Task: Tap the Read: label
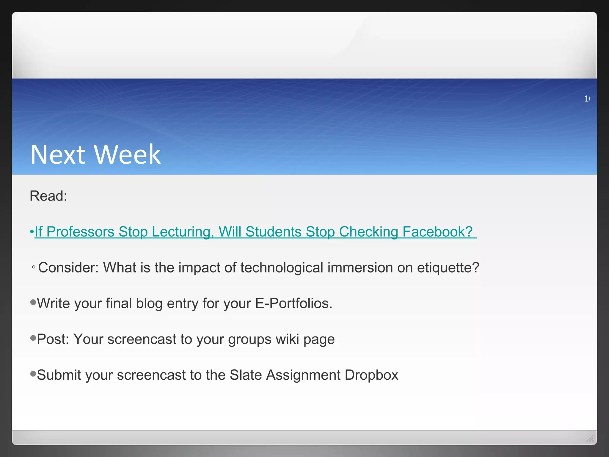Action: click(48, 196)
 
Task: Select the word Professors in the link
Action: click(80, 232)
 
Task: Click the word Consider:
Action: click(68, 267)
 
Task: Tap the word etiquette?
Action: click(448, 267)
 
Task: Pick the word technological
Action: click(282, 267)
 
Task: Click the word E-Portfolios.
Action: click(293, 303)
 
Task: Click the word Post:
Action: click(53, 339)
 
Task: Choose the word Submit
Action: click(59, 375)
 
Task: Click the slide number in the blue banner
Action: click(587, 98)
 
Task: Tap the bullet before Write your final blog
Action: click(33, 302)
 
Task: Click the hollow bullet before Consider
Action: click(34, 267)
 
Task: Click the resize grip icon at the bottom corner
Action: click(590, 438)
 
